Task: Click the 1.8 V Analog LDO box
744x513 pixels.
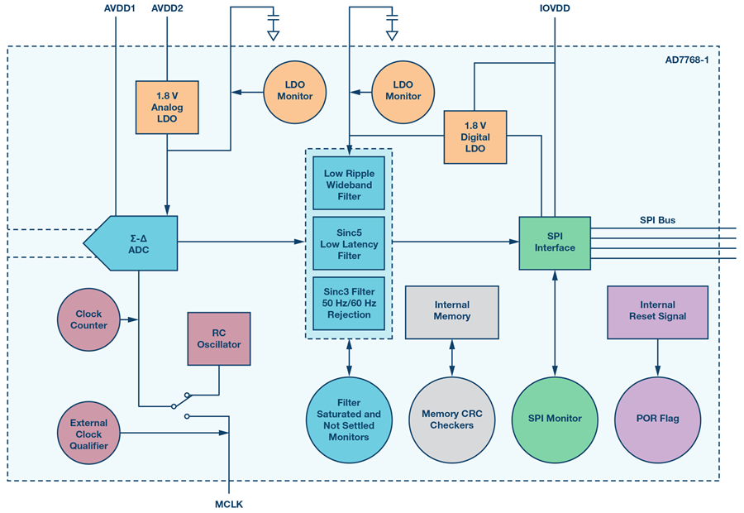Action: point(167,108)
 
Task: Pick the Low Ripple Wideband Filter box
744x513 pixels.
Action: point(348,184)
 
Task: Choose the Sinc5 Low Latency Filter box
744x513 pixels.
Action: point(348,244)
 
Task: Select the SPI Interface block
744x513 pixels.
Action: point(554,242)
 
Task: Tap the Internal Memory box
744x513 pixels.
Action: point(451,311)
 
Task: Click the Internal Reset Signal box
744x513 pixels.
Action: point(657,311)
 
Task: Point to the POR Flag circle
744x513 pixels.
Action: point(657,419)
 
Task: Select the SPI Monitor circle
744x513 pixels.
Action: point(554,419)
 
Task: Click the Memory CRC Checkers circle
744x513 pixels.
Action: point(451,420)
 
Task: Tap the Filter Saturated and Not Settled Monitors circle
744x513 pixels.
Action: point(348,420)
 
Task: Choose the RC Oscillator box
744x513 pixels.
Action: point(218,339)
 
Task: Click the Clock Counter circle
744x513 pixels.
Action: point(88,320)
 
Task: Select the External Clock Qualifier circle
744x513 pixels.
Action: point(88,434)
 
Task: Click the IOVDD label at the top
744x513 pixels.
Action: point(554,9)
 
